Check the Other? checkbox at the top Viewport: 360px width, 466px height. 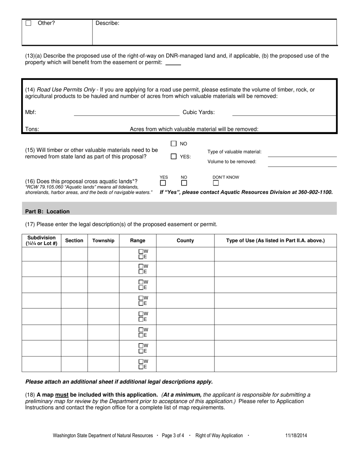click(28, 23)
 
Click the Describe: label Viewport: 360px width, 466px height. click(107, 23)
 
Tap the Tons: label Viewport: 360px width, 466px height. click(32, 129)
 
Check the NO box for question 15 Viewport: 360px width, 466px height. click(174, 144)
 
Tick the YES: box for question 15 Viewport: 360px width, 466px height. click(174, 156)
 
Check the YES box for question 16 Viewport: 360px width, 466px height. click(163, 183)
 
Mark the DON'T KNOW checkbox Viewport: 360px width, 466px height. click(216, 183)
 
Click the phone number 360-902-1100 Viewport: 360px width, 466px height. click(313, 192)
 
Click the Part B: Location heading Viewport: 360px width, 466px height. click(47, 211)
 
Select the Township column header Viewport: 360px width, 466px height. click(103, 241)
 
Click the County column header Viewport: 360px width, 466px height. click(185, 241)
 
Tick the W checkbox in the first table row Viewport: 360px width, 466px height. click(141, 251)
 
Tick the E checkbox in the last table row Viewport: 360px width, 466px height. click(141, 367)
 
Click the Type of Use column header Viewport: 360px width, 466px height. click(275, 241)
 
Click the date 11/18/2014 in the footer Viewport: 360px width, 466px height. click(296, 436)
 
